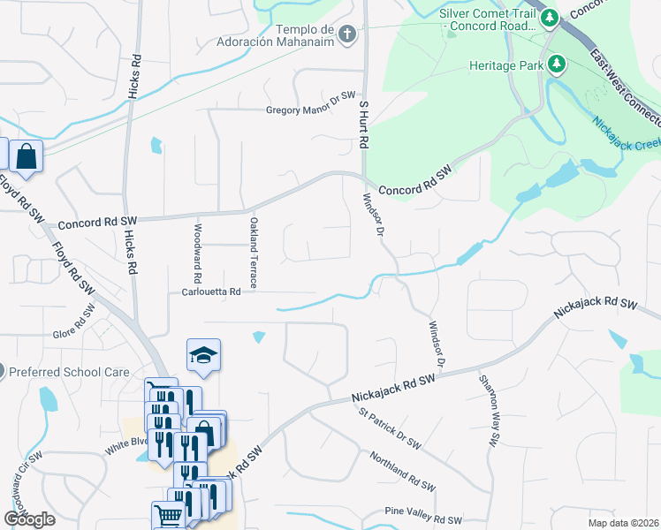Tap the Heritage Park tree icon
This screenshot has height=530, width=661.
coord(557,64)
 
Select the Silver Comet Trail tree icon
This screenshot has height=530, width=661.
coord(550,17)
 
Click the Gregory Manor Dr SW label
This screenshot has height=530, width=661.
coord(310,110)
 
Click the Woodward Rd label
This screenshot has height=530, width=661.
coord(198,246)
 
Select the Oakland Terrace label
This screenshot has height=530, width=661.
coord(253,253)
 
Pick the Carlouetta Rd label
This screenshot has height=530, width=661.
coord(211,291)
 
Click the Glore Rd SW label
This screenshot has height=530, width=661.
coord(74,322)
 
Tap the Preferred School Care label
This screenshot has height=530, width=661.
coord(69,373)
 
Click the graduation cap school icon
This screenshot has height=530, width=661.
coord(202,355)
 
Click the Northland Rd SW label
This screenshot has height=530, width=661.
coord(404,469)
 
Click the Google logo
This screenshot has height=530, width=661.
coord(30,519)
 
